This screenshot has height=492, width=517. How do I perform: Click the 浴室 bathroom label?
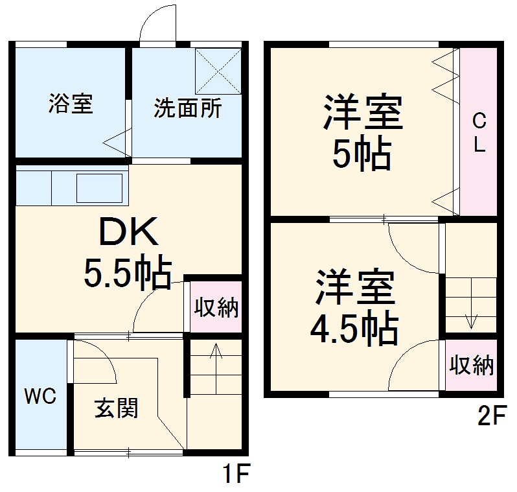(71, 104)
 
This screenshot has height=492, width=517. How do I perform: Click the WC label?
(40, 395)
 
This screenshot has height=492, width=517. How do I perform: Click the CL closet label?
(479, 132)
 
